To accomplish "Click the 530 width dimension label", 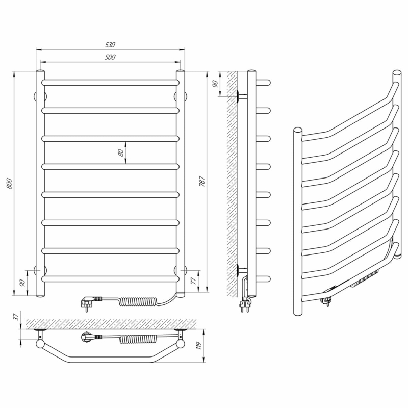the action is click(x=110, y=44).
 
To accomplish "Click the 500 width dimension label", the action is click(x=110, y=57).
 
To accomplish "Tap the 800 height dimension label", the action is click(x=10, y=184).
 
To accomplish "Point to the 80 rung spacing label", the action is click(x=120, y=152).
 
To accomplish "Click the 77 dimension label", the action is click(x=193, y=282).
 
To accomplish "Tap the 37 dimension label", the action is click(x=16, y=317).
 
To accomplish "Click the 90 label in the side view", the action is click(x=215, y=84).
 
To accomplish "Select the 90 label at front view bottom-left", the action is click(x=22, y=283).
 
